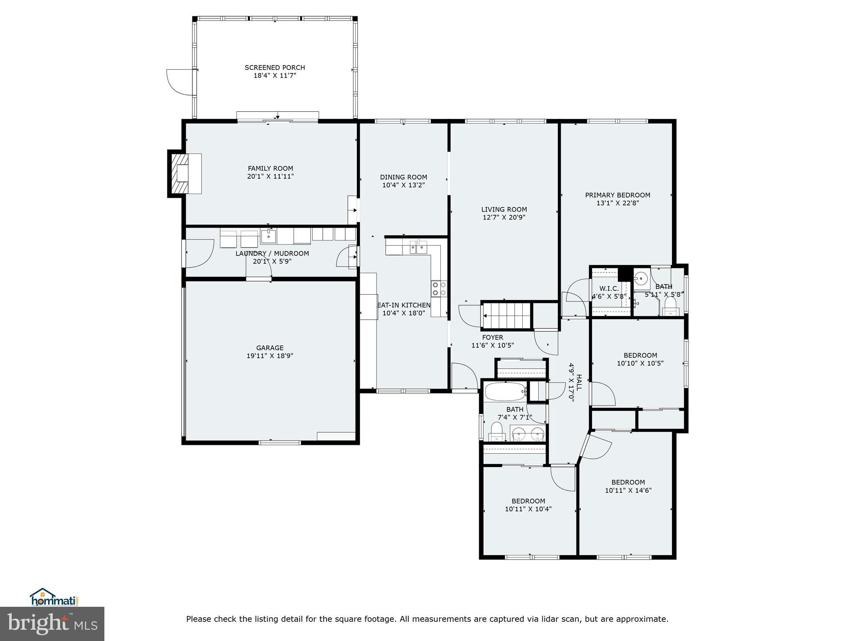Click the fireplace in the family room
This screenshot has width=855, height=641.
tap(185, 174)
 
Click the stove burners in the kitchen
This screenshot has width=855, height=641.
tap(439, 288)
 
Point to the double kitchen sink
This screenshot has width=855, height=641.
tap(419, 247)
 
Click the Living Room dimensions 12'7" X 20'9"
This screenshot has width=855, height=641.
tap(504, 217)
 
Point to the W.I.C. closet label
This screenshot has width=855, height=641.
tap(609, 288)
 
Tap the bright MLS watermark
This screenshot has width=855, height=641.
tap(52, 623)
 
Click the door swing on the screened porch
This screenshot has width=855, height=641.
tap(180, 83)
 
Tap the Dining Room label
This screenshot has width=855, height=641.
tap(404, 177)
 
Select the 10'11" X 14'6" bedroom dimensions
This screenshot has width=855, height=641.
tap(628, 490)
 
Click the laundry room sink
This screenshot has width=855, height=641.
tap(268, 236)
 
